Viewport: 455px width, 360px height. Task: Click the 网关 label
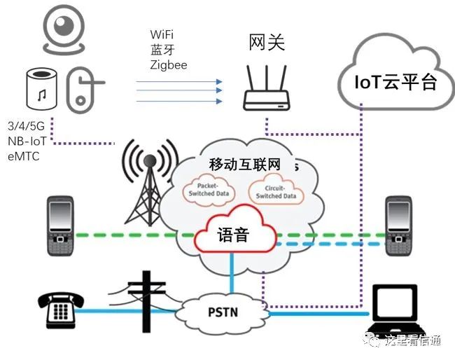coord(267,43)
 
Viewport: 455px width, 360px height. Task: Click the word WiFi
coord(163,34)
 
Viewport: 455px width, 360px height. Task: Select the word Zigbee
coord(169,64)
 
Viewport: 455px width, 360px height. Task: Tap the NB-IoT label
coord(26,143)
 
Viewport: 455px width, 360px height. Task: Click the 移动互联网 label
coord(244,165)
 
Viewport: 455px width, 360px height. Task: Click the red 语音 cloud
coord(233,235)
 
